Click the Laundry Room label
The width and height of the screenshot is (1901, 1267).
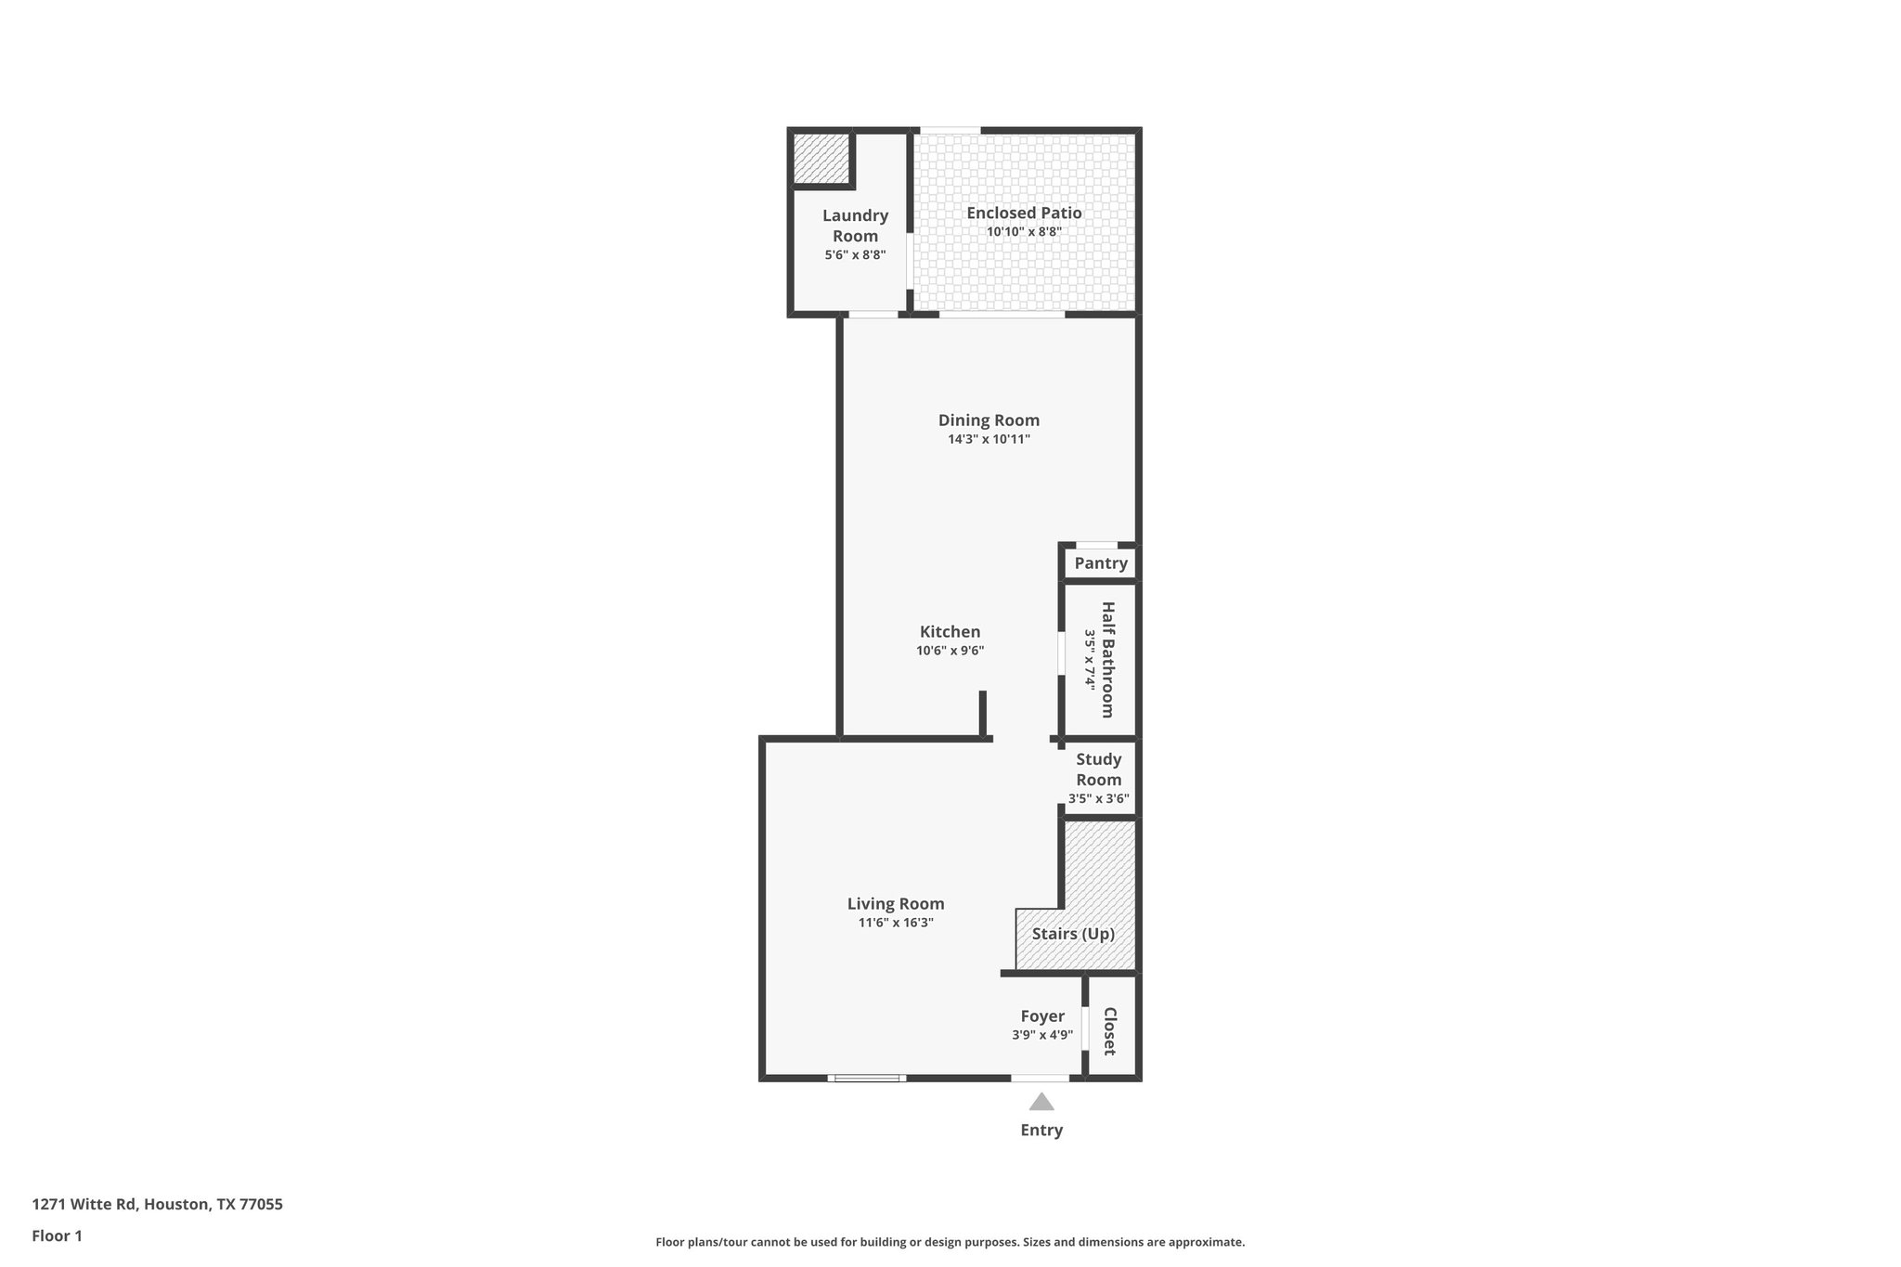[x=855, y=226]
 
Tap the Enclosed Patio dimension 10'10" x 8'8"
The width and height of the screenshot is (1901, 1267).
[x=1024, y=232]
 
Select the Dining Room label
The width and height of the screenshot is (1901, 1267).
[x=989, y=420]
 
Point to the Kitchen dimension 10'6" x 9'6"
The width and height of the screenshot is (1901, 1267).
[x=950, y=652]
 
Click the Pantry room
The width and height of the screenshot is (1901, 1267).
[x=1101, y=563]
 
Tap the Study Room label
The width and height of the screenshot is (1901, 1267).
[x=1099, y=769]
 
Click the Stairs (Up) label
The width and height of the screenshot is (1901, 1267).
[x=1073, y=934]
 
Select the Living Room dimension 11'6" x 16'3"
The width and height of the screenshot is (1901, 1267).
[x=896, y=924]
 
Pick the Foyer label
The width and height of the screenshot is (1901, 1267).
[x=1042, y=1016]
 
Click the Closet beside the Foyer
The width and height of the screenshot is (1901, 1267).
[x=1109, y=1031]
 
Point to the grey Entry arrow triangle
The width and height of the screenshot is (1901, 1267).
[x=1041, y=1103]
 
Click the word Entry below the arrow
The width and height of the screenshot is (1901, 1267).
[x=1041, y=1131]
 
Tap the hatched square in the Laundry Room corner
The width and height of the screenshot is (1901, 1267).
[x=821, y=159]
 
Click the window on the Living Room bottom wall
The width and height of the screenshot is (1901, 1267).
[x=867, y=1079]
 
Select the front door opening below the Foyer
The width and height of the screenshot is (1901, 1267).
[x=1040, y=1079]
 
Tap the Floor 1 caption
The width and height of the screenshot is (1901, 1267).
[x=58, y=1236]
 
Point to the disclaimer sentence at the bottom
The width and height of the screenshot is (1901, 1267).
[x=950, y=1242]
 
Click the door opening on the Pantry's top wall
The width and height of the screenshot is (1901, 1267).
[x=1096, y=545]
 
